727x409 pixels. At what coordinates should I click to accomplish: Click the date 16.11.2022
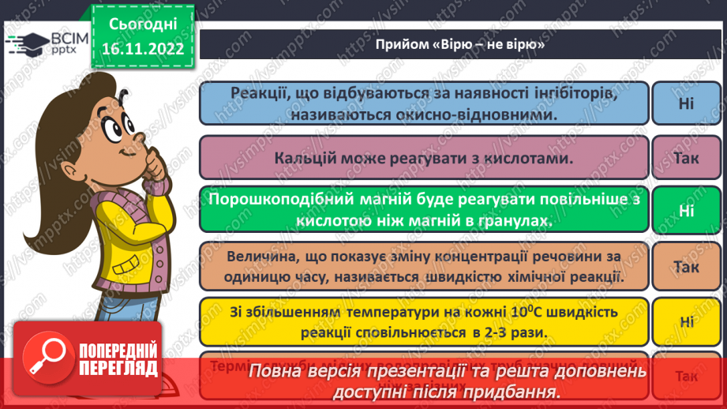[x=143, y=49]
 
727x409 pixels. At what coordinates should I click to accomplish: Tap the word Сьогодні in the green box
[x=143, y=24]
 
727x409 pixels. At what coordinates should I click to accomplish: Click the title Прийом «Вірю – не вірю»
[x=461, y=46]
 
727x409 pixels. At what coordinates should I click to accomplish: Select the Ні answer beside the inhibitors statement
[x=686, y=103]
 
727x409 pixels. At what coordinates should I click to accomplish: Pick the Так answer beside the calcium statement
[x=686, y=158]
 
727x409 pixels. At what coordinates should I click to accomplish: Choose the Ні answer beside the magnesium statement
[x=686, y=211]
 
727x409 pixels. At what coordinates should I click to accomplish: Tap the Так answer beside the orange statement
[x=686, y=267]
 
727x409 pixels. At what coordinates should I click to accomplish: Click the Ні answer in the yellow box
[x=686, y=321]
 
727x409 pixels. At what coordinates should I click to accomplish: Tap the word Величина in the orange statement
[x=259, y=257]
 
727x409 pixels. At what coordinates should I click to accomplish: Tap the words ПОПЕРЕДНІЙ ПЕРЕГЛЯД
[x=117, y=359]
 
